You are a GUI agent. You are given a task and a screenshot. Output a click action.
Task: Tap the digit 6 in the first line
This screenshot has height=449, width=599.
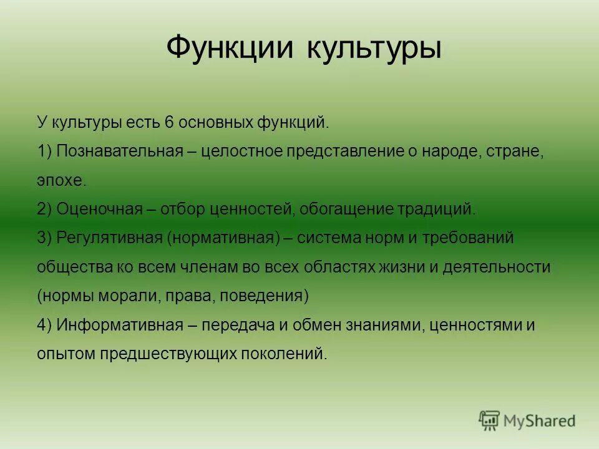(x=168, y=123)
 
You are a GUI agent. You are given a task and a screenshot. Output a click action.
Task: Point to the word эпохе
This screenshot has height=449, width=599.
(x=62, y=181)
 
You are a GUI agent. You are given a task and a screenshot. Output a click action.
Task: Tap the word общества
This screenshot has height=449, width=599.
(x=74, y=267)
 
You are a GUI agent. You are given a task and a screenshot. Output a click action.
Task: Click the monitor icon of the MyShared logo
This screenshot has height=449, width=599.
(x=489, y=420)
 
